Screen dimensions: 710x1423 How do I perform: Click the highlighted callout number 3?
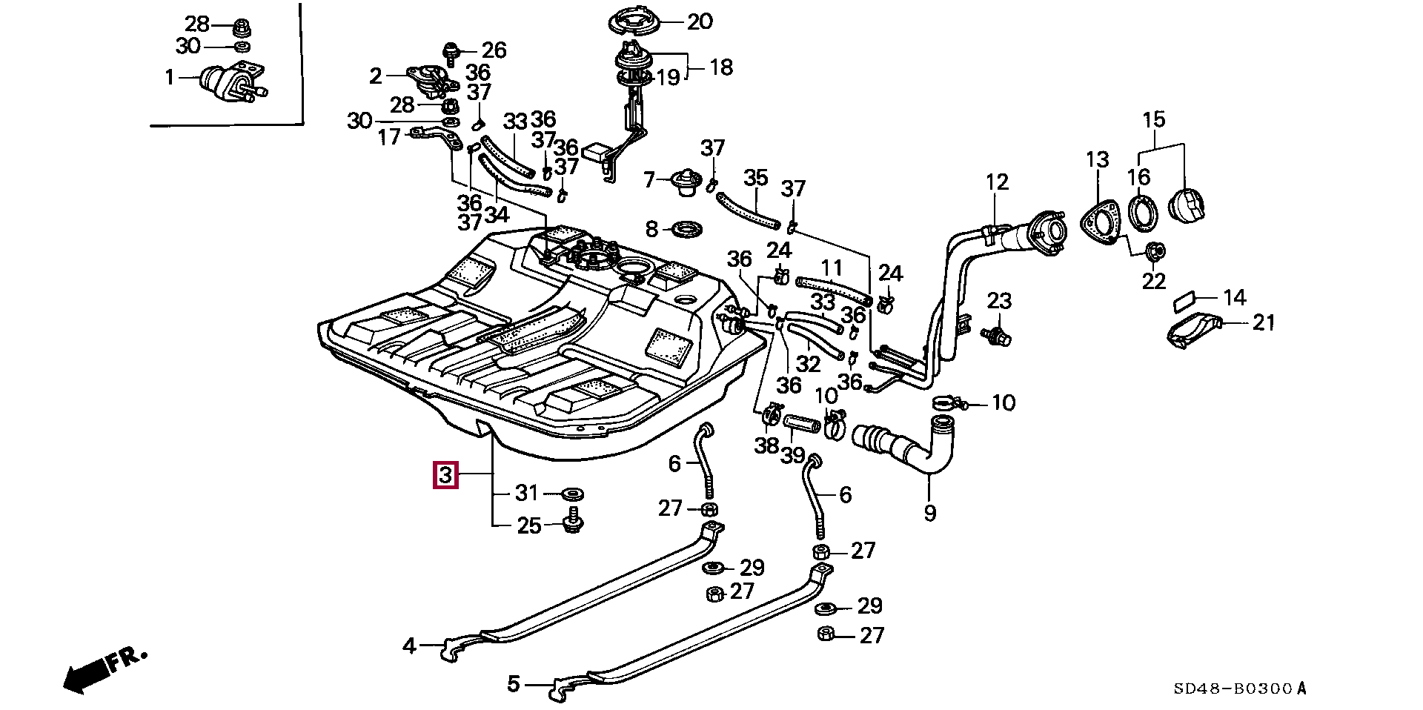click(445, 474)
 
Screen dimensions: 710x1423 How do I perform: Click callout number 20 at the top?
click(699, 21)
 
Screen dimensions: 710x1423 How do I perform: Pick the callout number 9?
click(930, 512)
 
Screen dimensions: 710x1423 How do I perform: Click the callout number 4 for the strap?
click(409, 646)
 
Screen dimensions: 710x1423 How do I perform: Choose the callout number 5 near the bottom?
click(514, 683)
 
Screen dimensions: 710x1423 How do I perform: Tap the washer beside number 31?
click(571, 492)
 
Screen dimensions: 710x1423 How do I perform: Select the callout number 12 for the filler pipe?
click(997, 182)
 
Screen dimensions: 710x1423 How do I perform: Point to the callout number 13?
click(1097, 159)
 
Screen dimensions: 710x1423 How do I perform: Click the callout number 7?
click(650, 179)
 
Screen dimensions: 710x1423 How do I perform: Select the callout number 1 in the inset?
click(169, 76)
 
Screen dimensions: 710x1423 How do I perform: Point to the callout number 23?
click(999, 301)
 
